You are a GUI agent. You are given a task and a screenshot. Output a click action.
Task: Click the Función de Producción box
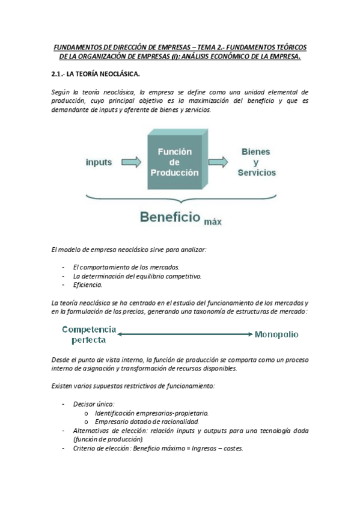(177, 162)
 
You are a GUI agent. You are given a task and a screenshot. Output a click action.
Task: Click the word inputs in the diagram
(99, 162)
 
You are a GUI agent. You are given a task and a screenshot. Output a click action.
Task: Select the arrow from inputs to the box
(131, 162)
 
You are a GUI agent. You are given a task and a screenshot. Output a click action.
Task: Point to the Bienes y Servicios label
(257, 162)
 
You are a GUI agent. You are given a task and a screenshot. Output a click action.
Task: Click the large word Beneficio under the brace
(169, 217)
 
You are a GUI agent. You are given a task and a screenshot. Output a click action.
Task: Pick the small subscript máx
(213, 221)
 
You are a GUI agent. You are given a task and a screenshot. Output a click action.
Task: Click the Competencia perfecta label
(89, 334)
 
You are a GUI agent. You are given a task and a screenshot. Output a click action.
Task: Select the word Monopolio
(276, 334)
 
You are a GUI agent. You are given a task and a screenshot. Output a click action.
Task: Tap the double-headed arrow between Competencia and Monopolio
(185, 334)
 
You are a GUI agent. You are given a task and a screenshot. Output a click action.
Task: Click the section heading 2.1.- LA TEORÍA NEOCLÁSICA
(96, 75)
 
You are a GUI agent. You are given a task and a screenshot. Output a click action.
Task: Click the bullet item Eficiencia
(88, 284)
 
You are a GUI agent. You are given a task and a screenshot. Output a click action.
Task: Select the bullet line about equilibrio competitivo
(137, 276)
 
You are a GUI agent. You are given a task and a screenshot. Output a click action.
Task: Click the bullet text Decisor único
(94, 404)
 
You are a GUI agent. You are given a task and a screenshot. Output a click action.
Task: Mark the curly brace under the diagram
(180, 197)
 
